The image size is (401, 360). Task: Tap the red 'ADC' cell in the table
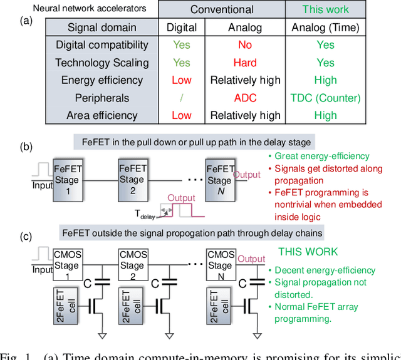pyautogui.click(x=245, y=98)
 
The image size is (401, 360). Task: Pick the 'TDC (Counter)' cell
pyautogui.click(x=325, y=98)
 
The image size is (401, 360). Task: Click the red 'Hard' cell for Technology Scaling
pyautogui.click(x=245, y=63)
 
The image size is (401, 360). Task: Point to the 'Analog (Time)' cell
pyautogui.click(x=325, y=28)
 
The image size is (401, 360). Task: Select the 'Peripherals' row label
pyautogui.click(x=102, y=98)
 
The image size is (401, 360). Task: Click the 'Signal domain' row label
pyautogui.click(x=102, y=28)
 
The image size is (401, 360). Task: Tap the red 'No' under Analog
pyautogui.click(x=245, y=45)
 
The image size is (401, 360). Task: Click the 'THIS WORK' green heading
pyautogui.click(x=308, y=252)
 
